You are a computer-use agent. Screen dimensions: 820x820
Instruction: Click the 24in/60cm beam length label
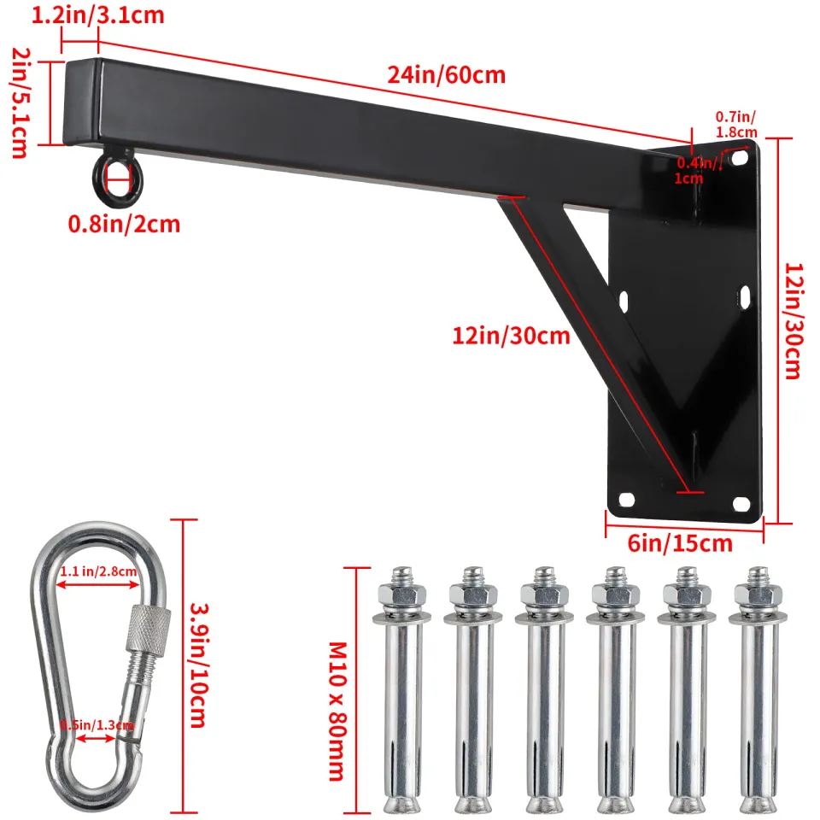pyautogui.click(x=446, y=75)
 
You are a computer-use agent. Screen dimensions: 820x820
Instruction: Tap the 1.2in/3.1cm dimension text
pyautogui.click(x=99, y=15)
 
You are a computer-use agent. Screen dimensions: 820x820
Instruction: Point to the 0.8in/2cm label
pyautogui.click(x=125, y=225)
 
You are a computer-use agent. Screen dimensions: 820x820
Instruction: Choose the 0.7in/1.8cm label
pyautogui.click(x=736, y=125)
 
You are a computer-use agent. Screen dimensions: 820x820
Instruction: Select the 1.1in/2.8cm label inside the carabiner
pyautogui.click(x=98, y=571)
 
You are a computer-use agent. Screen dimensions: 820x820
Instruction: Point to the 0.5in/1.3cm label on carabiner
pyautogui.click(x=97, y=725)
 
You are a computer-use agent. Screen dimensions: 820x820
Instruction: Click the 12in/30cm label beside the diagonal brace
pyautogui.click(x=511, y=336)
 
